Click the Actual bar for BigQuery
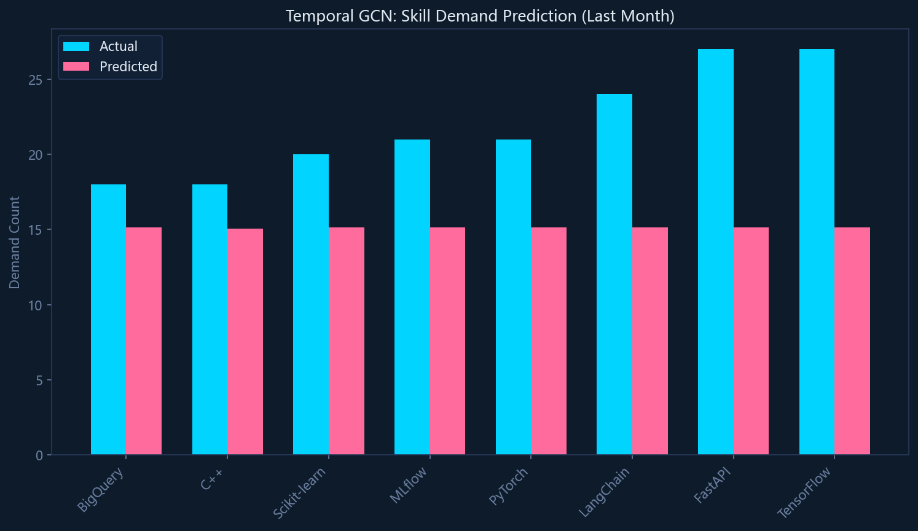[x=108, y=320]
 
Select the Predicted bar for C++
[x=245, y=342]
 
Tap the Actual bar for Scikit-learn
[x=311, y=304]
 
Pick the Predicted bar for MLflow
[x=447, y=341]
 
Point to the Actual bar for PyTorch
[x=513, y=297]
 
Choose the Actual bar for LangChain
[x=614, y=274]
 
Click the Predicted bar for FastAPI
[x=751, y=341]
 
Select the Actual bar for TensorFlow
[x=817, y=252]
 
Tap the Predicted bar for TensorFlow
[x=852, y=341]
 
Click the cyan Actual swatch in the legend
[x=76, y=47]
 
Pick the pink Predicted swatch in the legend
[x=76, y=66]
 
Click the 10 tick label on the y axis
[x=36, y=305]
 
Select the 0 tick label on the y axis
[x=39, y=455]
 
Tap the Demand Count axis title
[x=15, y=243]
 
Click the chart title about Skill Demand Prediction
[x=480, y=16]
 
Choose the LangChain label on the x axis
[x=605, y=492]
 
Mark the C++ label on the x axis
[x=212, y=479]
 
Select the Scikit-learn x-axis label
[x=299, y=493]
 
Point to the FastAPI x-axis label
[x=713, y=486]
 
